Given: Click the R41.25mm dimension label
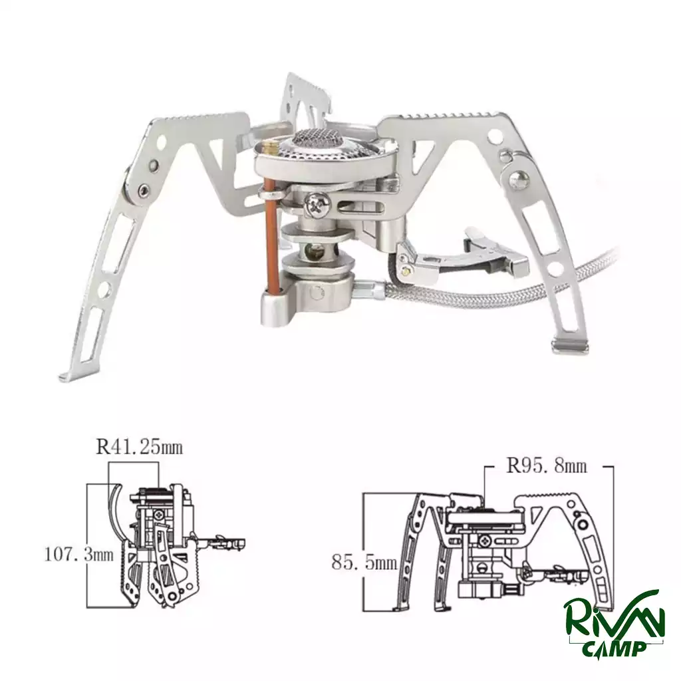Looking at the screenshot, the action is tap(140, 447).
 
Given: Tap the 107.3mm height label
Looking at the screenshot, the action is tap(79, 555).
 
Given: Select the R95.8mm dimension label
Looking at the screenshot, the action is tap(547, 466).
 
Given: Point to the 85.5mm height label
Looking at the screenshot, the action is tap(364, 563).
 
